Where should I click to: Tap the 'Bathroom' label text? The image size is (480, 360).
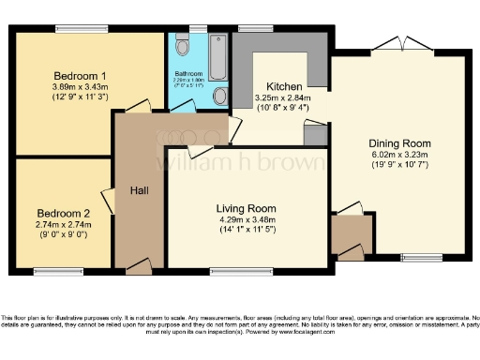tap(188, 72)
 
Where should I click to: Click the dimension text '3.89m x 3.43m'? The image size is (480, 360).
tap(79, 86)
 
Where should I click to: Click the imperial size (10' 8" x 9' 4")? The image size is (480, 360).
tap(282, 107)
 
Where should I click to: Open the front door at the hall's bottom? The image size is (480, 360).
tap(139, 268)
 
